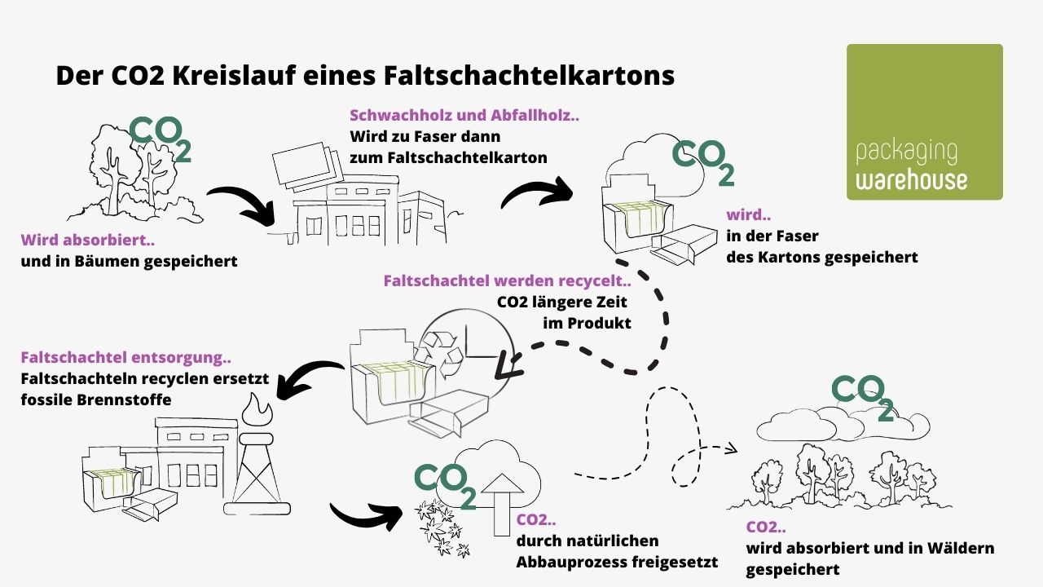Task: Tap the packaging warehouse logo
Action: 925,122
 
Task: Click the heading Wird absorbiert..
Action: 87,241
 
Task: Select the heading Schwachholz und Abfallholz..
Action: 464,116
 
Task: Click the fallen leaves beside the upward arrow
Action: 441,526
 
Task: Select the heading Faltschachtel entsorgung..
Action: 125,357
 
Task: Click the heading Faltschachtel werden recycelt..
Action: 507,281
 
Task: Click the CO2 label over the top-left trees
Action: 161,138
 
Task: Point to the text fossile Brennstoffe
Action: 96,400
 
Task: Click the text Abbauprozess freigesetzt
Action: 617,562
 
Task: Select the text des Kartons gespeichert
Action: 821,257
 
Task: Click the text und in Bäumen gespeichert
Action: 129,262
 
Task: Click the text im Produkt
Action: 587,323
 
